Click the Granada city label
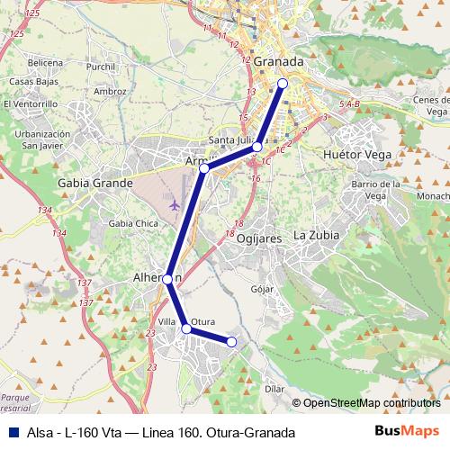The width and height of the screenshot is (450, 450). (x=278, y=62)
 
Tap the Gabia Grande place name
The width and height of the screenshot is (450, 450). (x=94, y=182)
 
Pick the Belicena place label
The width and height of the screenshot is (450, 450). (x=45, y=63)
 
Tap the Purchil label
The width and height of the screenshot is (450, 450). (x=102, y=67)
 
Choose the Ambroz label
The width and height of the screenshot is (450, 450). (x=110, y=91)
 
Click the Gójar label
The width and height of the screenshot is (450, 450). (x=262, y=289)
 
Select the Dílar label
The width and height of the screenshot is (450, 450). (x=276, y=389)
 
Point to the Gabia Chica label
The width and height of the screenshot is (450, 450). (x=132, y=223)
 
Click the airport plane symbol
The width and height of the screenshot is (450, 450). (x=174, y=202)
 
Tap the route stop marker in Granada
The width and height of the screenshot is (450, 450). (x=282, y=83)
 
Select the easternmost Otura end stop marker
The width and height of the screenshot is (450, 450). (x=231, y=342)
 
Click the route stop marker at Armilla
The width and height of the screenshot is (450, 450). (x=204, y=168)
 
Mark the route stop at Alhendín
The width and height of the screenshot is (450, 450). (x=167, y=279)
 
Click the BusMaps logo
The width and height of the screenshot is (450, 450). (x=407, y=431)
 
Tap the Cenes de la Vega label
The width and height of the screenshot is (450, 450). (x=430, y=105)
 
